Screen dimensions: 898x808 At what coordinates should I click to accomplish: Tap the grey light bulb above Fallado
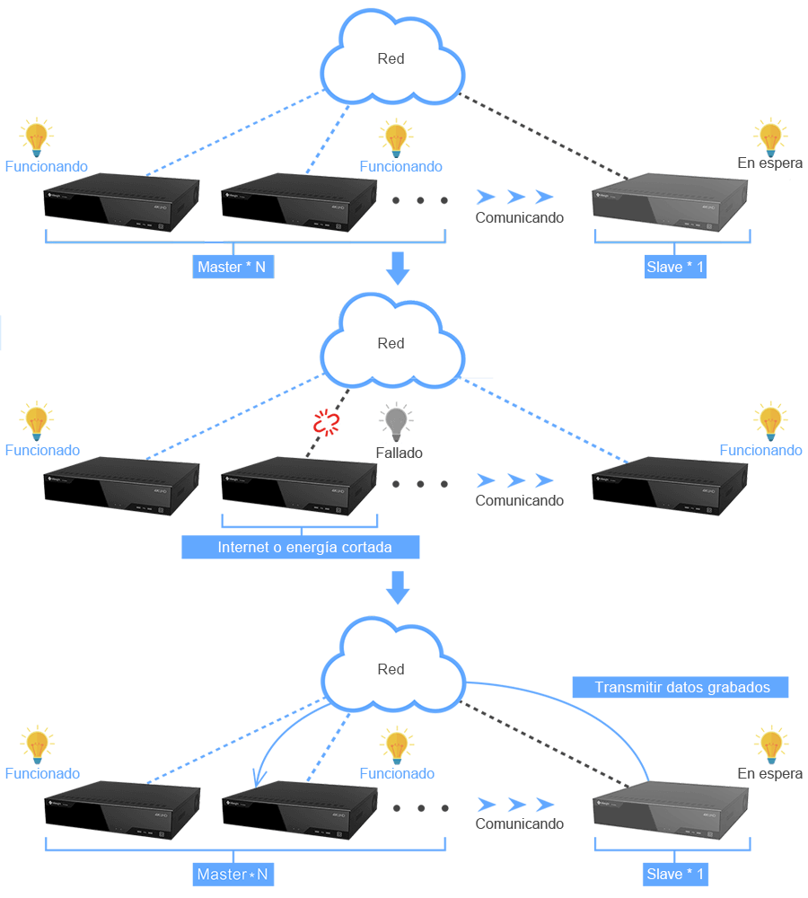[395, 420]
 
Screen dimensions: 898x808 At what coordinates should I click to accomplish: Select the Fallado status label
[399, 453]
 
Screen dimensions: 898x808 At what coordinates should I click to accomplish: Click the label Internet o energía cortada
[300, 547]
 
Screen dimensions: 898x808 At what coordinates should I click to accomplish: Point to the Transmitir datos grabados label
[681, 687]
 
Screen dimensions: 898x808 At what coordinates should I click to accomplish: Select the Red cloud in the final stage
[391, 670]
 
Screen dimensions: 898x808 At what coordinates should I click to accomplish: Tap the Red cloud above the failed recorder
[391, 344]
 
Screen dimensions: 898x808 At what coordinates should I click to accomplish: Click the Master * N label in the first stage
[232, 267]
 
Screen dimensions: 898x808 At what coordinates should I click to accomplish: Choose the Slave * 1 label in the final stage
[675, 874]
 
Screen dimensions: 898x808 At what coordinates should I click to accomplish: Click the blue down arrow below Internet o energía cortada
[396, 588]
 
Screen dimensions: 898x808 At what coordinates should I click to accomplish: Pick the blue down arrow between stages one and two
[396, 268]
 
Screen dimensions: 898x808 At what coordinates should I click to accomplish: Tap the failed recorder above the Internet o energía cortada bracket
[299, 485]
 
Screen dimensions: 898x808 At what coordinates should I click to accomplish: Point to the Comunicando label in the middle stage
[518, 500]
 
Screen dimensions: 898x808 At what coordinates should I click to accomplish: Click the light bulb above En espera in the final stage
[770, 745]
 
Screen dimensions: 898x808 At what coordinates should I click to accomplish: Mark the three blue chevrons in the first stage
[514, 197]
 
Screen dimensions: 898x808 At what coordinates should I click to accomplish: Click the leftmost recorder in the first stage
[122, 205]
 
